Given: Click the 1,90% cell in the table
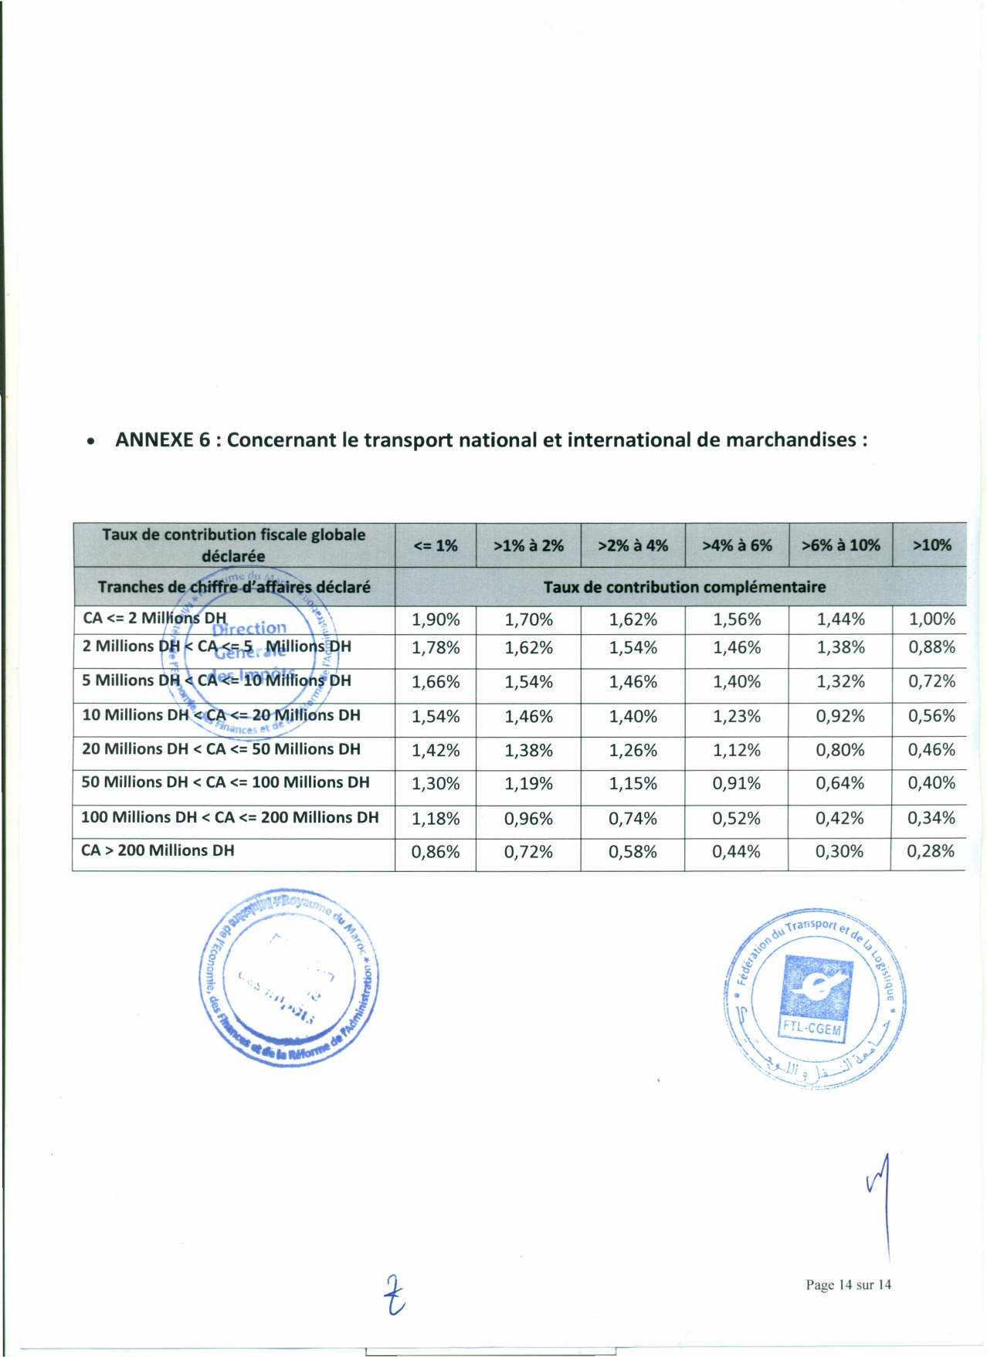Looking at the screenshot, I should click(x=436, y=619).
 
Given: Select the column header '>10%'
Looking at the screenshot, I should click(x=931, y=545).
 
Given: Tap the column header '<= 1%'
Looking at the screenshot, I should click(x=436, y=545).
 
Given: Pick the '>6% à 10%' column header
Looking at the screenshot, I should click(x=840, y=545).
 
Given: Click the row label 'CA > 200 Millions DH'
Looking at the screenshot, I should click(x=158, y=850).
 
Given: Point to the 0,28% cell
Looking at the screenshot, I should click(x=931, y=851).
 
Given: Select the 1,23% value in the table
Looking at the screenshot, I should click(x=737, y=717).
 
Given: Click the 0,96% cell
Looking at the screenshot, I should click(x=528, y=819).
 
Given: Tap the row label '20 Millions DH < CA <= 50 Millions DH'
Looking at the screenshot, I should click(x=221, y=749).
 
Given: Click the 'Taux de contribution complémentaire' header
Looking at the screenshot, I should click(x=684, y=587).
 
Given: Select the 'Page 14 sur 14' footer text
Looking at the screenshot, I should click(x=848, y=1284).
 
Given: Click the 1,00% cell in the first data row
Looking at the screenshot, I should click(x=931, y=619).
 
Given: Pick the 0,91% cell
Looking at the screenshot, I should click(x=736, y=784).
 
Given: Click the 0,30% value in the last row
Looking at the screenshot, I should click(x=840, y=852).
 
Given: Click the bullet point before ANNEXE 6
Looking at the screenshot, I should click(x=91, y=442).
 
